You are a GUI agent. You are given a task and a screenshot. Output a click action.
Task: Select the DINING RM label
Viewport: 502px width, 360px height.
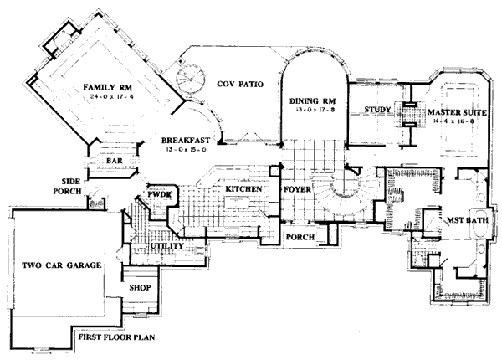(313, 100)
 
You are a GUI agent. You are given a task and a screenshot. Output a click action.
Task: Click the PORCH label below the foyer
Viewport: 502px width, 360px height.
(300, 238)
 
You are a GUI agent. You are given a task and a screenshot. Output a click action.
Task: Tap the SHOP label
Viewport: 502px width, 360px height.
(139, 286)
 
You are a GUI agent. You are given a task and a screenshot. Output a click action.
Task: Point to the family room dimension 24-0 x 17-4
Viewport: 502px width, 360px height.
(105, 98)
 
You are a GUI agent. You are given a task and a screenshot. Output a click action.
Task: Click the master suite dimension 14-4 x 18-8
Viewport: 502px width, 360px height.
(454, 121)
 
